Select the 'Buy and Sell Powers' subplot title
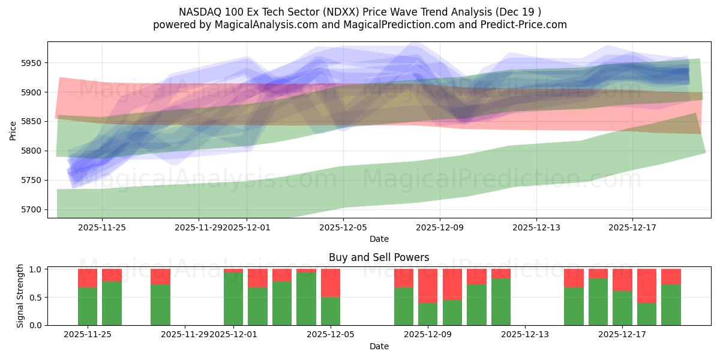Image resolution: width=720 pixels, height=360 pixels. point(379,257)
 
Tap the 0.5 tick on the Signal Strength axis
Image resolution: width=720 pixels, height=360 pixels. point(35,297)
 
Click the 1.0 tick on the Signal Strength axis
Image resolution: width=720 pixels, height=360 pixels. point(35,269)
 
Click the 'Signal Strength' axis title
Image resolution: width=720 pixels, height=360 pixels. point(20,295)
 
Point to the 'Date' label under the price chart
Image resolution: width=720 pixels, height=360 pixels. point(379,239)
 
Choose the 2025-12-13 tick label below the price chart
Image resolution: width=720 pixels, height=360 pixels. point(536,227)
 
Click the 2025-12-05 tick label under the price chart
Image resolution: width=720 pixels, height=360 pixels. point(343,227)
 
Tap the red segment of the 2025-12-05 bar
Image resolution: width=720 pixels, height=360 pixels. point(331,283)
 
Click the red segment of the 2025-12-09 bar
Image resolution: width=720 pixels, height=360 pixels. point(428,286)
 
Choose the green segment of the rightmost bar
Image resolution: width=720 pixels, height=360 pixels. point(671,305)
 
